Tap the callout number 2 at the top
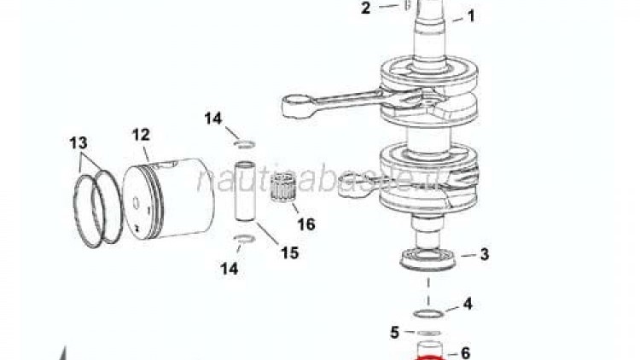pos(365,9)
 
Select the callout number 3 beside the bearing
pos(484,254)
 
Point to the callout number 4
pos(467,304)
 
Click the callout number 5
pos(395,332)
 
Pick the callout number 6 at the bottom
pos(465,351)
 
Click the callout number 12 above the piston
pos(141,134)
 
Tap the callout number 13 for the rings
pos(79,142)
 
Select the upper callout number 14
pos(212,119)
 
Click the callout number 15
pos(289,253)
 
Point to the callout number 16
pos(305,224)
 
